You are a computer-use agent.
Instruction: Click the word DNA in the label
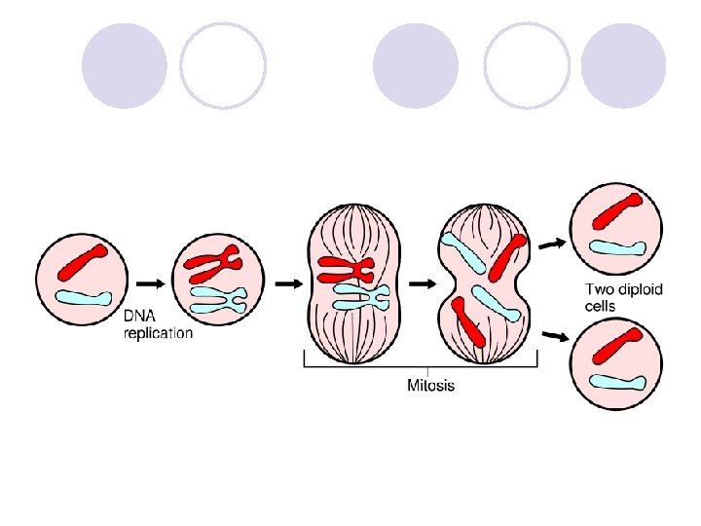point(137,318)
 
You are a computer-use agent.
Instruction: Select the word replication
point(158,333)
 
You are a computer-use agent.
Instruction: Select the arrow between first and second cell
point(150,283)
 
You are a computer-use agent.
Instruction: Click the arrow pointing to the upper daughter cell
point(552,244)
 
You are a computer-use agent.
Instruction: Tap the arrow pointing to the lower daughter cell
point(554,336)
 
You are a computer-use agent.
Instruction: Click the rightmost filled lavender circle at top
point(623,65)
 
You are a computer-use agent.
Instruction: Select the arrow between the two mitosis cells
point(423,284)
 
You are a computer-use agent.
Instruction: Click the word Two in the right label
point(599,288)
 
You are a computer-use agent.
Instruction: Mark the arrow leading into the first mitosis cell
point(289,284)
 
